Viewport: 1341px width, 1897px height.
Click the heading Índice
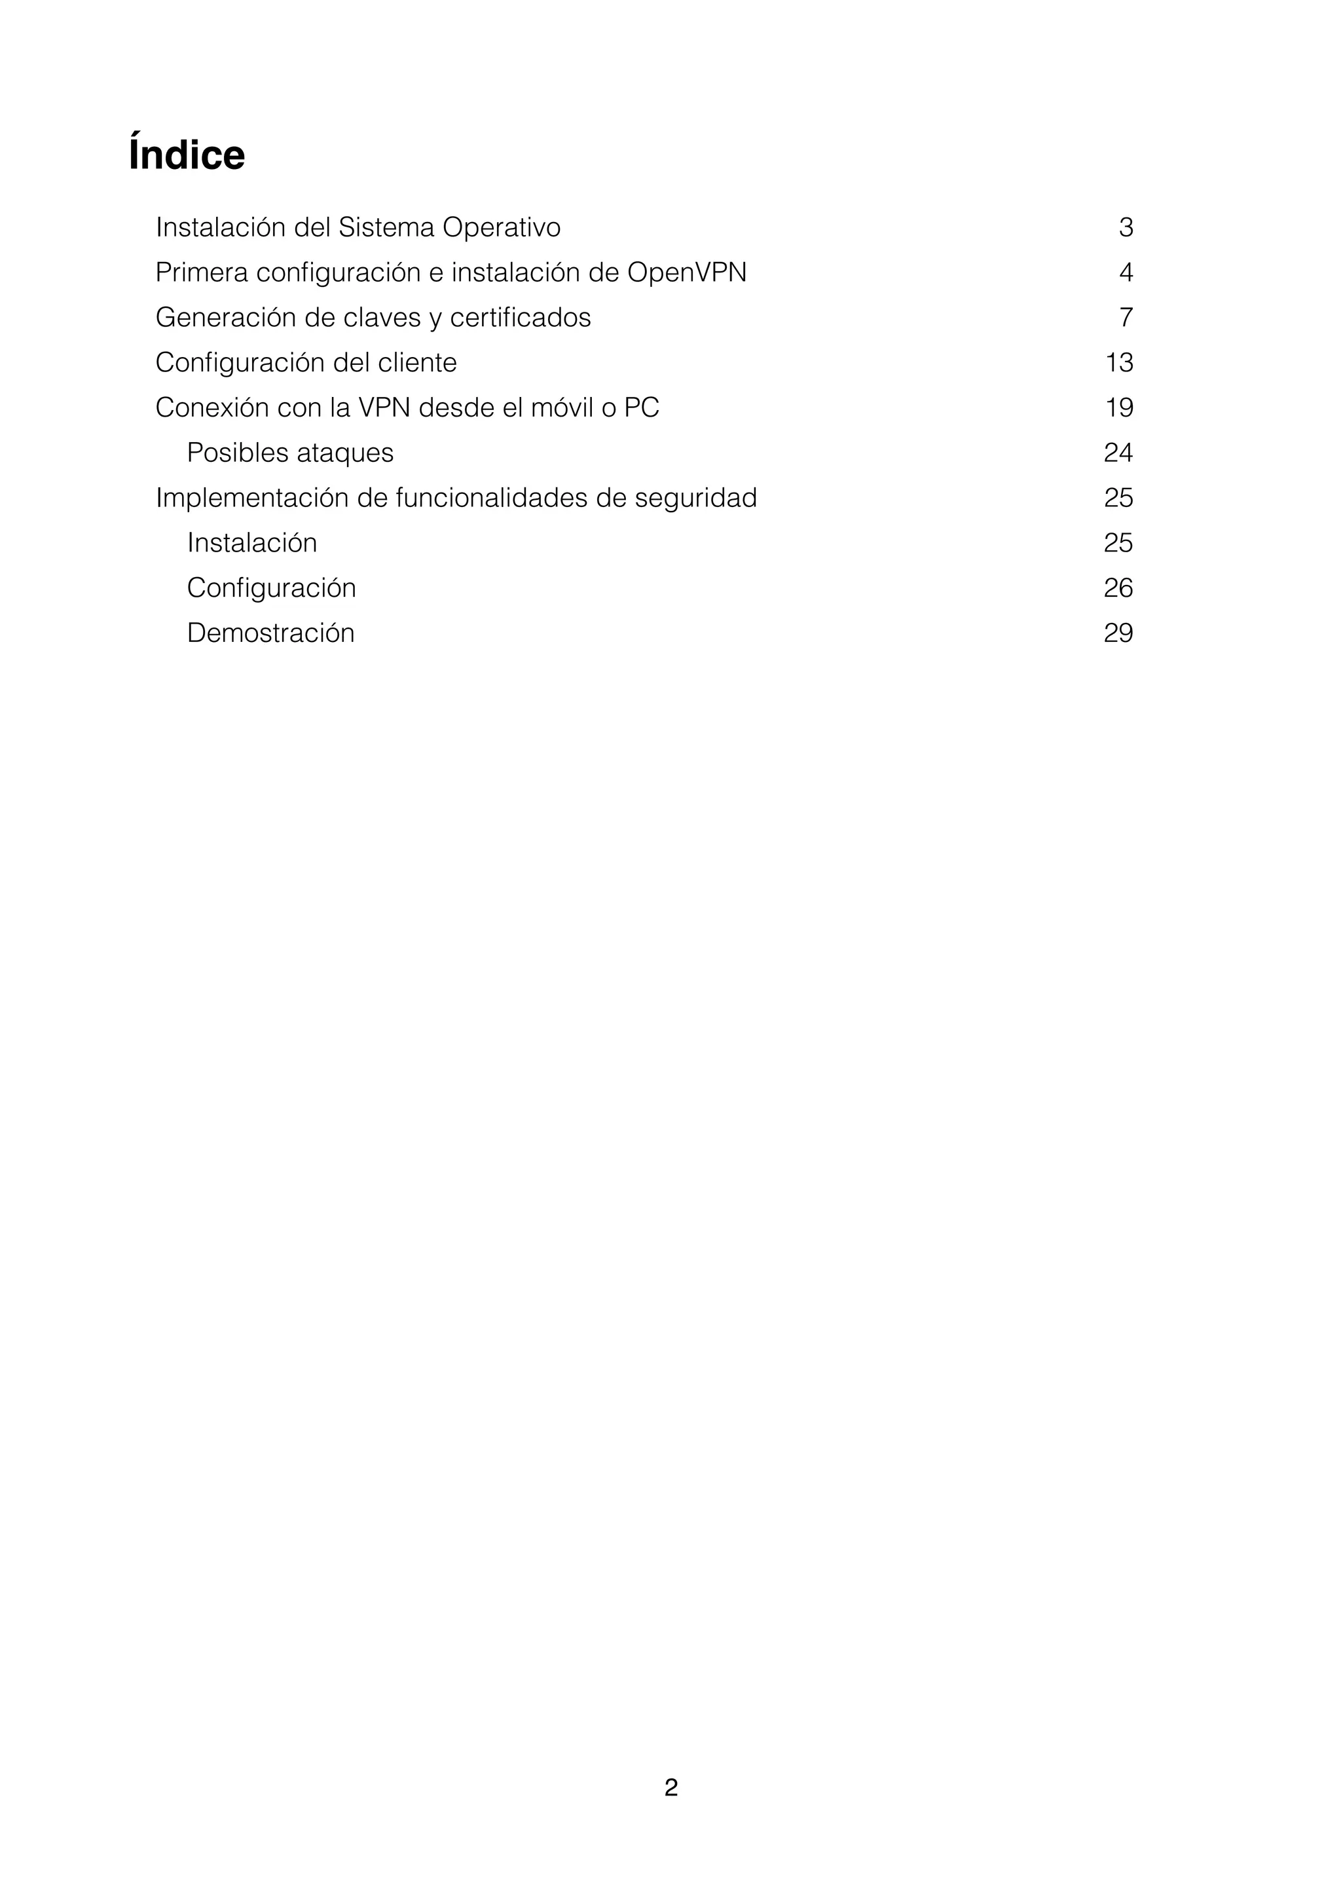point(187,155)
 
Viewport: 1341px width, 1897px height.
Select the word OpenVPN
point(686,272)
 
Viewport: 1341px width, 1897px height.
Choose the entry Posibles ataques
point(290,453)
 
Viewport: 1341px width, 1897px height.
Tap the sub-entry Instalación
point(252,543)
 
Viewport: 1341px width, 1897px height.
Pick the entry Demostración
point(271,633)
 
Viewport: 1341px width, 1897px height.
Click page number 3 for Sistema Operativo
point(1126,227)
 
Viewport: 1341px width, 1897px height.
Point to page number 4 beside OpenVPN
point(1126,272)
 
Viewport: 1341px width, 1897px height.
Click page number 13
point(1119,363)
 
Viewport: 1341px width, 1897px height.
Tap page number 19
point(1119,407)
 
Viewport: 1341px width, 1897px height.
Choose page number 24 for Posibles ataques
point(1118,453)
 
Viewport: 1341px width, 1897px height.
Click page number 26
point(1118,588)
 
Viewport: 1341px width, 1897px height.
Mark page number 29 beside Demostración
point(1118,633)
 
